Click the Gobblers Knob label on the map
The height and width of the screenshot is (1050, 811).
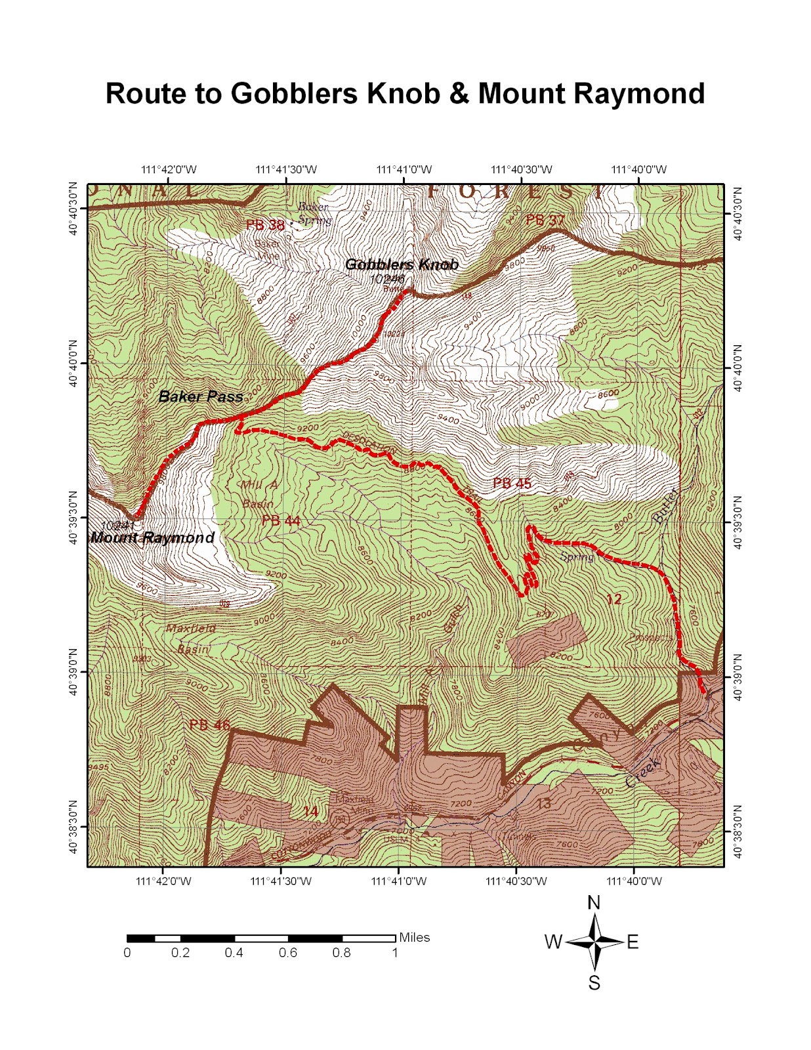(x=401, y=264)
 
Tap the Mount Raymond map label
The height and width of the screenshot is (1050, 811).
(x=152, y=538)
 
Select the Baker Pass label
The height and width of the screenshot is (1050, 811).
(x=201, y=396)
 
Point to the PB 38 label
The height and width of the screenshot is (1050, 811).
(x=265, y=226)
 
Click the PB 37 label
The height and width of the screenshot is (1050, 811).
(x=545, y=220)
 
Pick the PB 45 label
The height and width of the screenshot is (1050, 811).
(x=512, y=484)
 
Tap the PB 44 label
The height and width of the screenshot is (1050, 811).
(x=281, y=521)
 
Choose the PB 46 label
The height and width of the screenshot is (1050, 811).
(x=209, y=725)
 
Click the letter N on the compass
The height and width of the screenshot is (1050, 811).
(x=594, y=903)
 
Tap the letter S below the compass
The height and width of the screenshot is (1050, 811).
(x=594, y=982)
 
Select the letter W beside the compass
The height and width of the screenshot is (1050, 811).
(x=553, y=942)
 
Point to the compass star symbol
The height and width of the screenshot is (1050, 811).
(x=594, y=942)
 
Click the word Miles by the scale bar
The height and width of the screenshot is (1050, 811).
(x=415, y=937)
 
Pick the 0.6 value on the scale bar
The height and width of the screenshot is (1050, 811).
(x=288, y=953)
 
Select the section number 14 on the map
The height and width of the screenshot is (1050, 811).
(x=310, y=812)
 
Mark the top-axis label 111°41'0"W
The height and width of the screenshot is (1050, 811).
(x=404, y=170)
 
